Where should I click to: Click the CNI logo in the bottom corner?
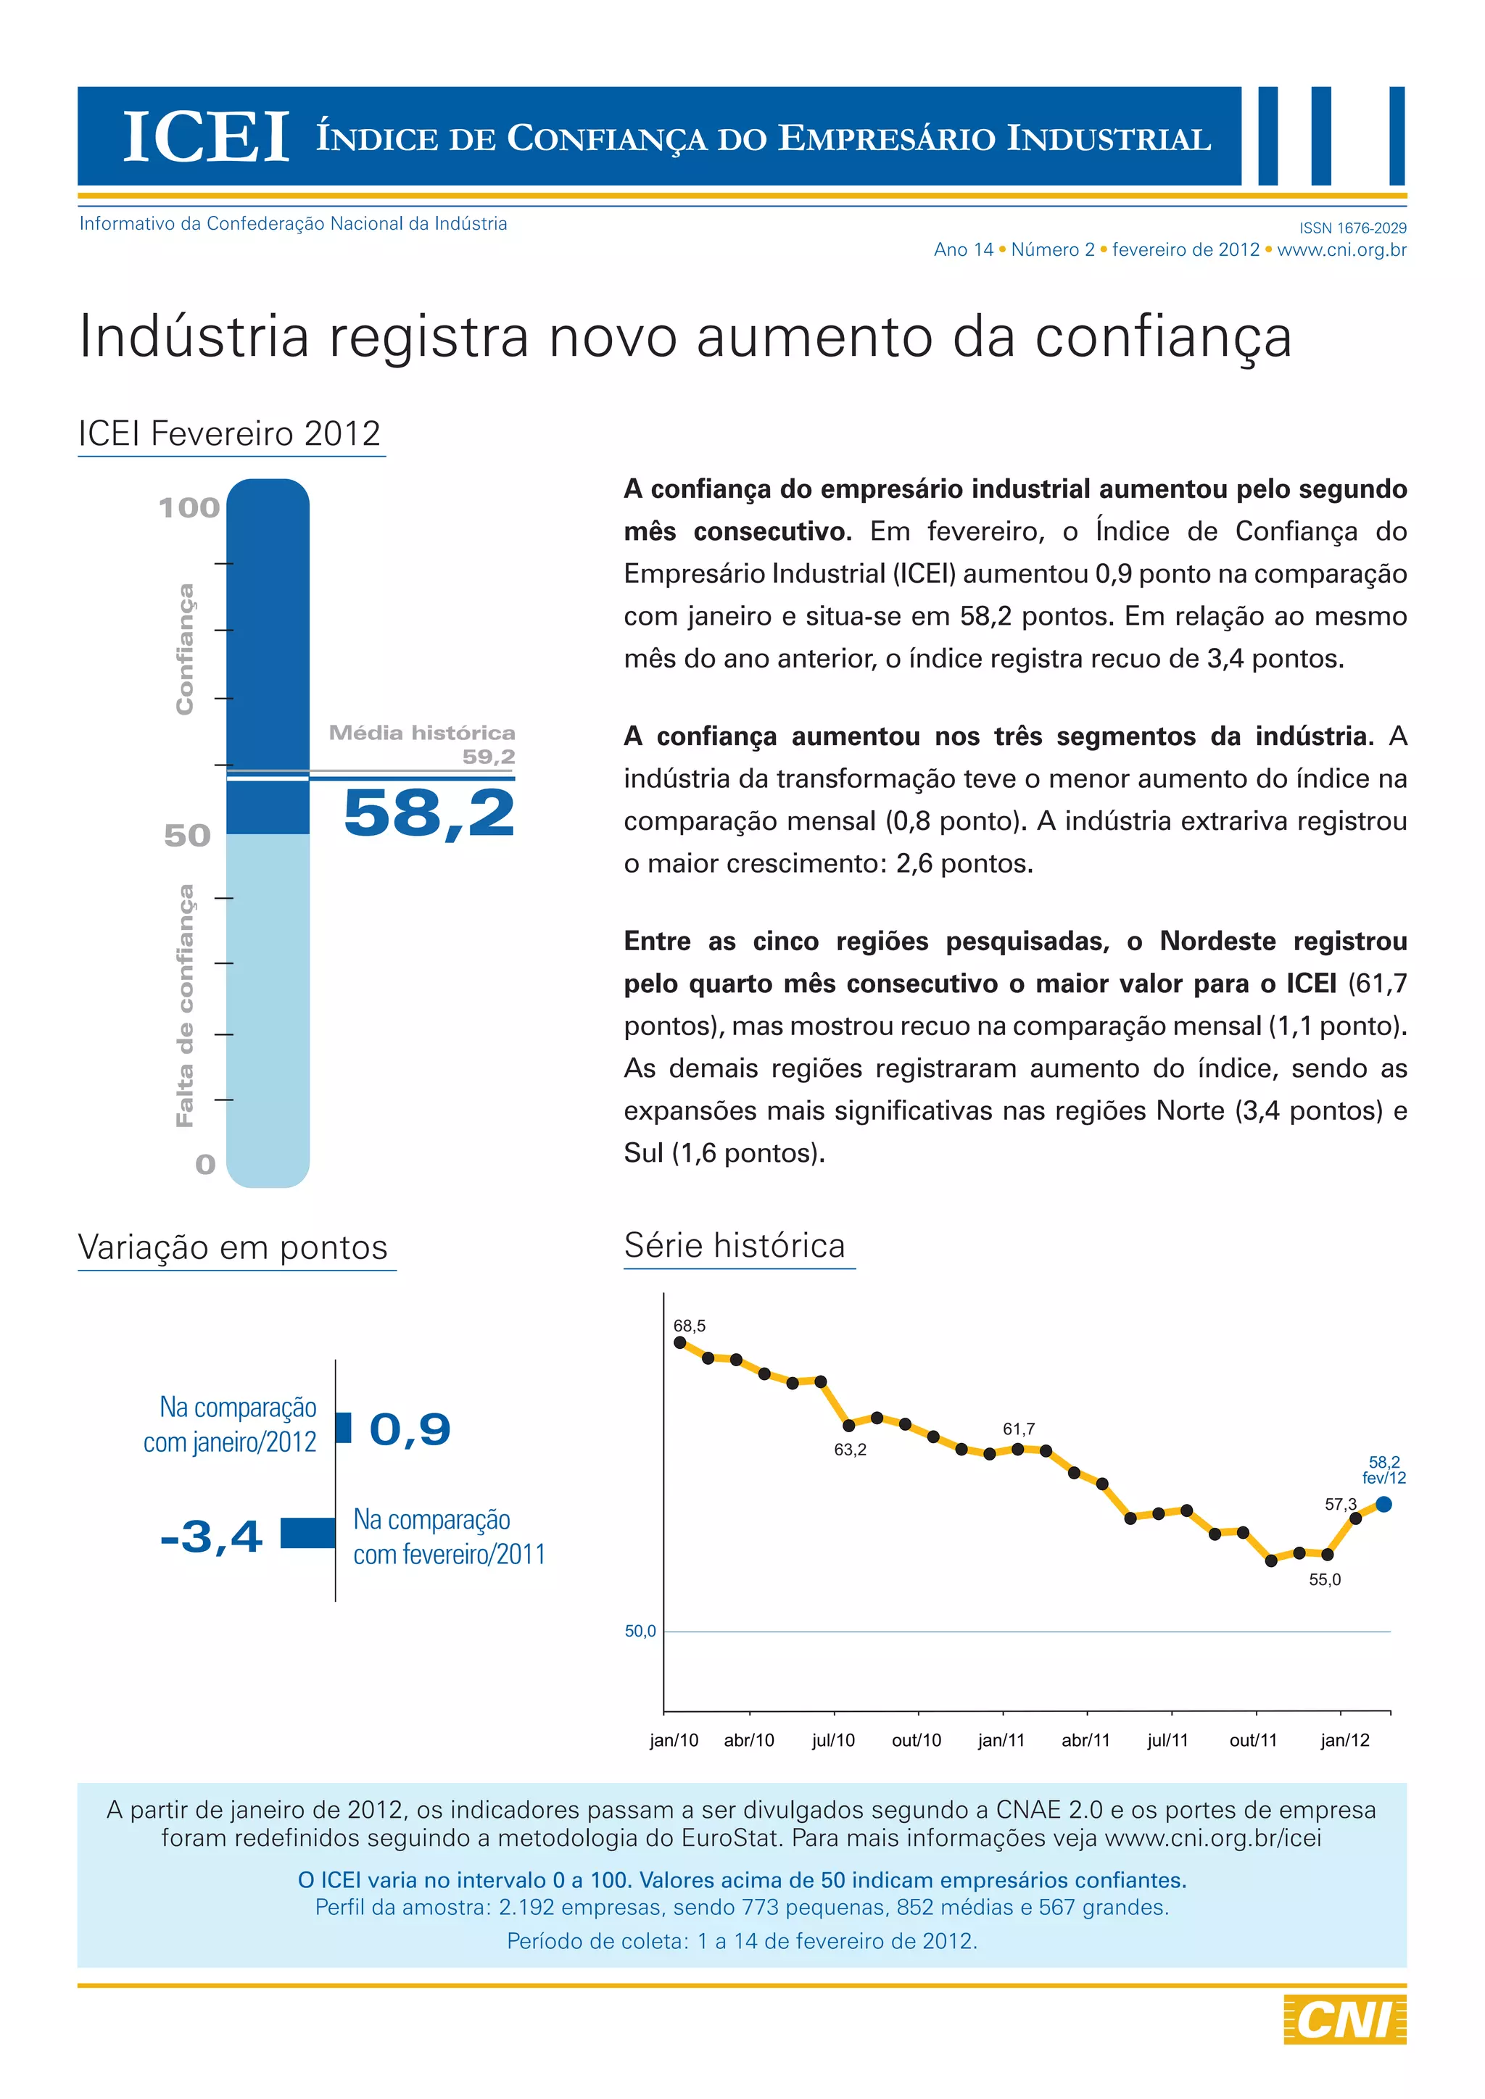coord(1344,2019)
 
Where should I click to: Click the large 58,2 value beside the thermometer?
coord(429,812)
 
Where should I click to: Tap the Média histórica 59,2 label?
coord(423,743)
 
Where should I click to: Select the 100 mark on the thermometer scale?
coord(189,507)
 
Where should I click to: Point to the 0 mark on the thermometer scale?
coord(206,1164)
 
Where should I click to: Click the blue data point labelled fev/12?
coord(1383,1504)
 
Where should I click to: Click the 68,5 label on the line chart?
coord(690,1326)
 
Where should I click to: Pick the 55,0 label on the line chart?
coord(1324,1580)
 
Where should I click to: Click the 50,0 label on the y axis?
coord(640,1631)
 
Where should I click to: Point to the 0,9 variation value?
coord(410,1429)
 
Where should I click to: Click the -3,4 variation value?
coord(211,1536)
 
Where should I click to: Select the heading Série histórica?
coord(735,1245)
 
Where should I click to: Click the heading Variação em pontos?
coord(233,1247)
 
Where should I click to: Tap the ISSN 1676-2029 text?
coord(1352,228)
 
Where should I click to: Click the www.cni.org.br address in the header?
coord(1341,249)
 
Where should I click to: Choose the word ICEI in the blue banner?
coord(206,138)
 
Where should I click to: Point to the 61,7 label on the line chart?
coord(1019,1429)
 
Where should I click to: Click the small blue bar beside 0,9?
coord(344,1427)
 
